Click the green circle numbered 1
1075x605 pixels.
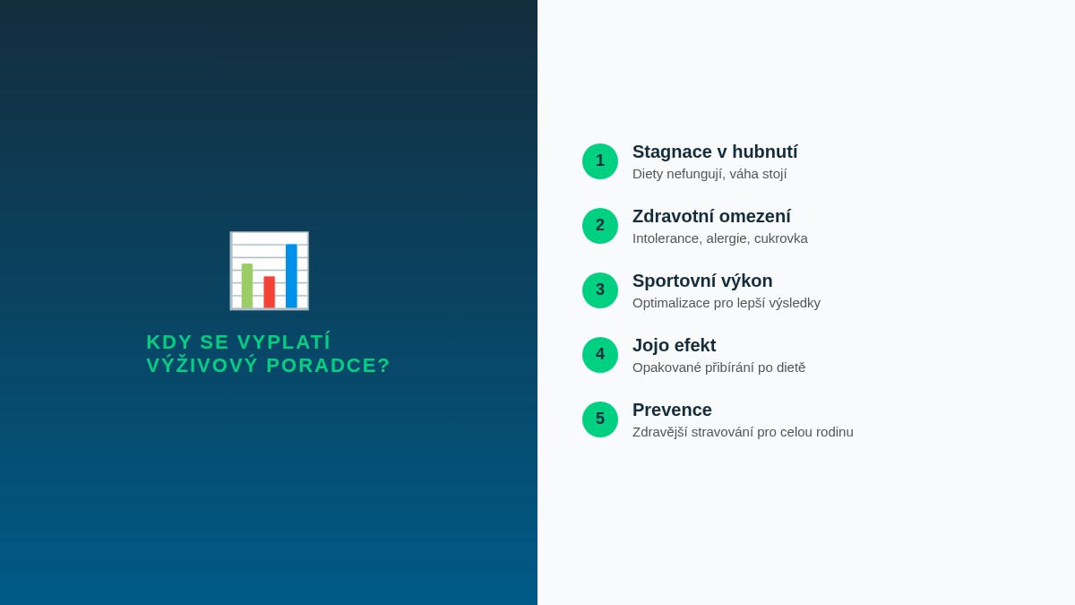click(x=600, y=161)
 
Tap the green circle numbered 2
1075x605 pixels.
click(x=600, y=226)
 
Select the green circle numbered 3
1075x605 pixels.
click(x=600, y=290)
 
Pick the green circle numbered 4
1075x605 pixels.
click(x=600, y=355)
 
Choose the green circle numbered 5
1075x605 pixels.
click(x=600, y=419)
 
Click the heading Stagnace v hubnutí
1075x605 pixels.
click(x=715, y=152)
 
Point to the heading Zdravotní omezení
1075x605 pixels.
click(x=711, y=217)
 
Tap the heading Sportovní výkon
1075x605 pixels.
click(x=702, y=281)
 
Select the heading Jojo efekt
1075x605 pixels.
click(x=674, y=346)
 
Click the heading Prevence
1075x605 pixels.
click(x=672, y=411)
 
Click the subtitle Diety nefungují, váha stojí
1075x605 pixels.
click(x=709, y=174)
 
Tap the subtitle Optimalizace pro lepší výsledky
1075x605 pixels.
click(x=727, y=303)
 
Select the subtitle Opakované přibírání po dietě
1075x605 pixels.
click(x=718, y=367)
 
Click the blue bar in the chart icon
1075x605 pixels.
click(x=291, y=275)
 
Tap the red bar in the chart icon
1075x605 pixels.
click(x=269, y=291)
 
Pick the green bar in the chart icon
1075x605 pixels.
click(x=247, y=285)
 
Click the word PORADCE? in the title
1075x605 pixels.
click(x=328, y=366)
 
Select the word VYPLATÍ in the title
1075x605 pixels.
click(x=284, y=342)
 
